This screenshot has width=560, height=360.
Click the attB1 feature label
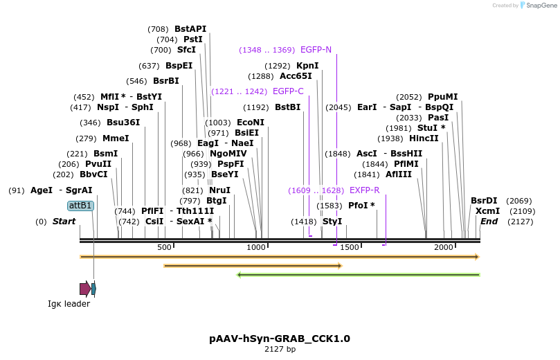click(80, 206)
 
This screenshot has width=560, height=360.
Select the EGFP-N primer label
click(316, 50)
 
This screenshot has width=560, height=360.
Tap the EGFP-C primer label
click(288, 91)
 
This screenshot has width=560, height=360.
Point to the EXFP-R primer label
click(364, 190)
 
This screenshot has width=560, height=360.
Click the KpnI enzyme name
click(307, 66)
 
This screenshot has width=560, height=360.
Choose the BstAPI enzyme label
click(190, 29)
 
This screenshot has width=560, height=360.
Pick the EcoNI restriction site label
click(251, 123)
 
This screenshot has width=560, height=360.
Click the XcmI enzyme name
click(487, 211)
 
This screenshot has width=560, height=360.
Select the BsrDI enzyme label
click(484, 201)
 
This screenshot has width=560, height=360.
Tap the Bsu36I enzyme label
click(123, 123)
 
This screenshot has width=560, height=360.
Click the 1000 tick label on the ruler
click(257, 248)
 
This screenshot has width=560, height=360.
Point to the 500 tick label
click(165, 248)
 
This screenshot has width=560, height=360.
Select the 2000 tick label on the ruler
click(444, 248)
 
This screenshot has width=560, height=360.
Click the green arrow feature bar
click(358, 275)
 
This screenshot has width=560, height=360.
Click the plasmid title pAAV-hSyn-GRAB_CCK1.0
click(280, 339)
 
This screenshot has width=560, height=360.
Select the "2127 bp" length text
click(280, 350)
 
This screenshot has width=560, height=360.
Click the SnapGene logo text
click(542, 6)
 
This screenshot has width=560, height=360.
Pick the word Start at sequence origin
click(64, 222)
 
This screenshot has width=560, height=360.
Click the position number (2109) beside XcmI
click(523, 211)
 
